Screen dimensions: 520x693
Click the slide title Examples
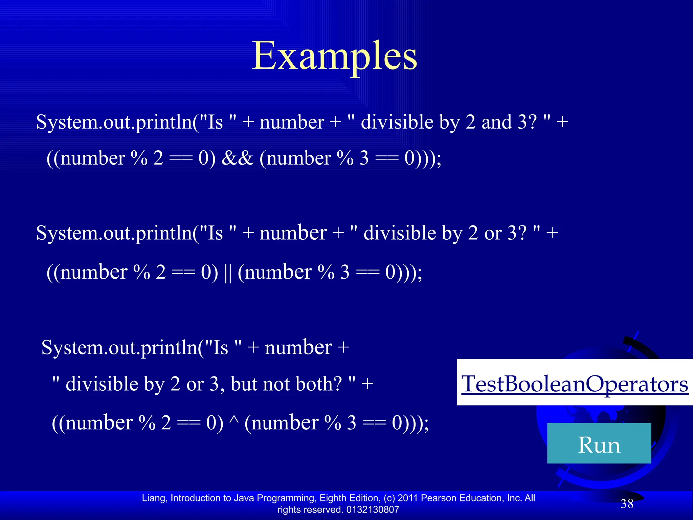334,56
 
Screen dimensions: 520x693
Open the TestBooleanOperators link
575,384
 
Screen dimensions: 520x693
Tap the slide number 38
627,504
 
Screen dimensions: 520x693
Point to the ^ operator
234,421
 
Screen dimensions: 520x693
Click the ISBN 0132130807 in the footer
373,510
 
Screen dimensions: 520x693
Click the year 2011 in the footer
408,498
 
